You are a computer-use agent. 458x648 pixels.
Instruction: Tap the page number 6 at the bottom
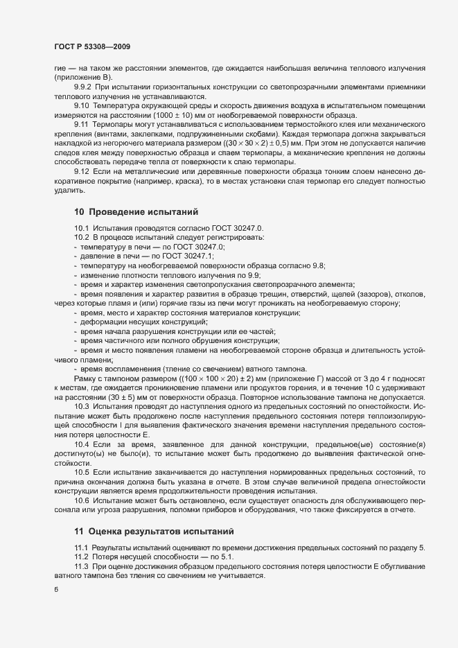[x=55, y=590]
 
